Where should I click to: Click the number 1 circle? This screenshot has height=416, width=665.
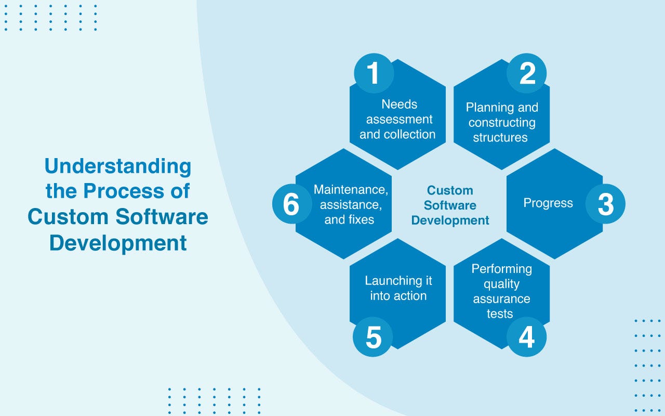tap(374, 74)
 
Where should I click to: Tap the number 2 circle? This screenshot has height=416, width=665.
tap(526, 74)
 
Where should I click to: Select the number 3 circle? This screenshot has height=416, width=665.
tap(605, 204)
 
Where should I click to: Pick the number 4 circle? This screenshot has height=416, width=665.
tap(526, 337)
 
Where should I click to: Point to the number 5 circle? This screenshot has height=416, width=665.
tap(373, 337)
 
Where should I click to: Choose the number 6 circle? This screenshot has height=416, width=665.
tap(292, 204)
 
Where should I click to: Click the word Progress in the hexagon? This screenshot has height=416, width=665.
tap(548, 203)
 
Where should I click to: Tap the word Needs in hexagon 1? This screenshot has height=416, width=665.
tap(399, 105)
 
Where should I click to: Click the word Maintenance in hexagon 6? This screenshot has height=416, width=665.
tap(351, 189)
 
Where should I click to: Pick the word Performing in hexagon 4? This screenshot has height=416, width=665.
tap(501, 269)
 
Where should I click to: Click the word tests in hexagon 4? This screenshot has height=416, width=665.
tap(500, 314)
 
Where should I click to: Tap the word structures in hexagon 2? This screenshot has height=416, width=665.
tap(500, 138)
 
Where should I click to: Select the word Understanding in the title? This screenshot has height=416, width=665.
tap(118, 167)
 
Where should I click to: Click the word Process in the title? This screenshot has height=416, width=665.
tap(124, 191)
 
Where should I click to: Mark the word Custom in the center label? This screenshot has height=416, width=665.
tap(450, 190)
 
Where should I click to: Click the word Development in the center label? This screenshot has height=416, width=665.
tap(450, 220)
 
